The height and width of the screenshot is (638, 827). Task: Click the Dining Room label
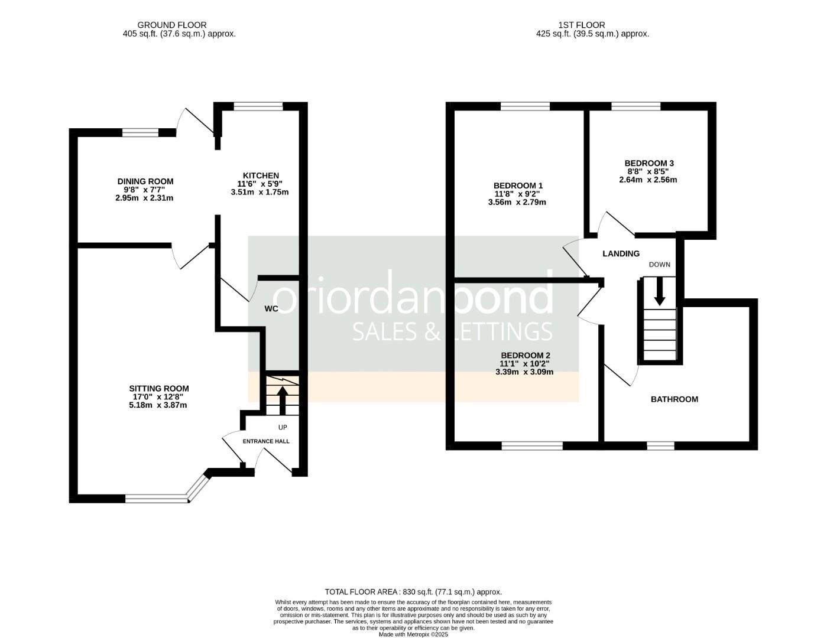(x=145, y=181)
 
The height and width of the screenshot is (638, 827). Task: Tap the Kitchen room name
(x=261, y=175)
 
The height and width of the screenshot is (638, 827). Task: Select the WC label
(x=271, y=308)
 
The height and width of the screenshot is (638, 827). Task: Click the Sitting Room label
(x=159, y=388)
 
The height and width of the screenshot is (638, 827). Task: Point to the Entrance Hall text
(x=266, y=441)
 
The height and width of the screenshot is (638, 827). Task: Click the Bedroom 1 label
(x=518, y=185)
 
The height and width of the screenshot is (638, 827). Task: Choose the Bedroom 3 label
(x=648, y=163)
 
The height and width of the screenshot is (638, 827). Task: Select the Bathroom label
(x=674, y=399)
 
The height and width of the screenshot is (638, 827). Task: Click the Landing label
(x=621, y=253)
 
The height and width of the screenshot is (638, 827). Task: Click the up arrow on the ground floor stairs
(x=282, y=400)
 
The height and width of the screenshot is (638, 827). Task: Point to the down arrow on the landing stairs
(x=659, y=290)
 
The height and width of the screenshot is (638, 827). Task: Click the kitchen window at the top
(x=258, y=107)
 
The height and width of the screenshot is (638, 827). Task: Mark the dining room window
(x=141, y=133)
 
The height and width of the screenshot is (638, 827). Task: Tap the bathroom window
(x=660, y=445)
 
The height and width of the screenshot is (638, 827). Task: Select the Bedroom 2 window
(x=532, y=445)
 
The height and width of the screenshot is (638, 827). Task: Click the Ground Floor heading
(x=172, y=25)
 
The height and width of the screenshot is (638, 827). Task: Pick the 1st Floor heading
(x=581, y=25)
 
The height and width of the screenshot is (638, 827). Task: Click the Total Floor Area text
(x=413, y=591)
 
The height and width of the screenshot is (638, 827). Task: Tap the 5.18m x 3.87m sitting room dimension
(x=159, y=405)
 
